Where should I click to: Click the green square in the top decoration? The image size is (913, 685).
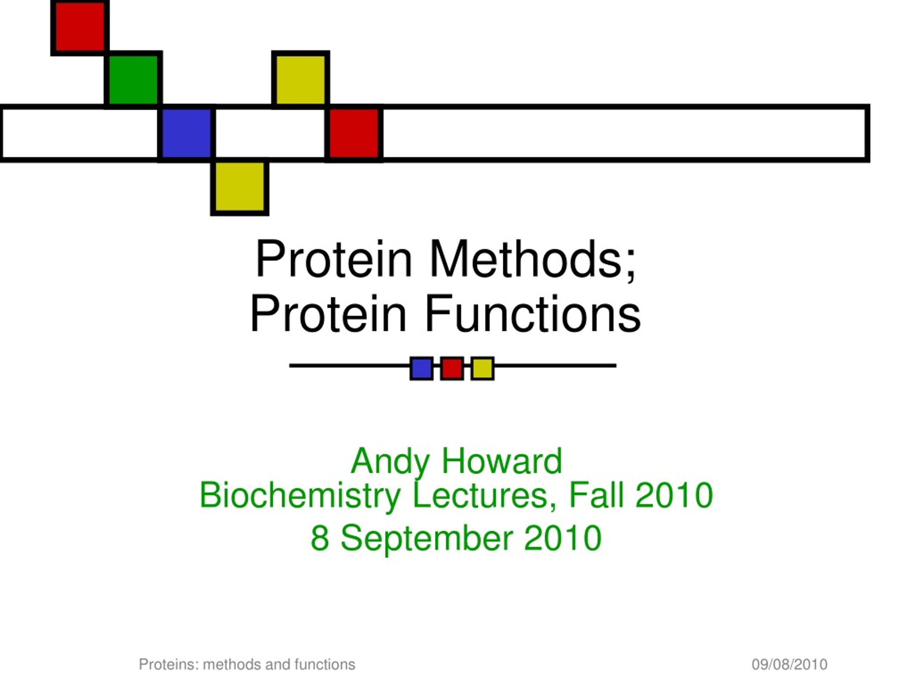coord(133,80)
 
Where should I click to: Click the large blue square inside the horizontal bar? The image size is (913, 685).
coord(187,133)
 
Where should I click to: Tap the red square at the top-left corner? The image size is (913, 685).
coord(80,27)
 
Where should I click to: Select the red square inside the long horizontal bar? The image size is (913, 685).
coord(354,133)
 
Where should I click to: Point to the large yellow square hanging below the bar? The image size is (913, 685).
coord(240,187)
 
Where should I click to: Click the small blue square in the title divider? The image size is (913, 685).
coord(422,368)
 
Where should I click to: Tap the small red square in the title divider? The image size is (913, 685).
coord(452,368)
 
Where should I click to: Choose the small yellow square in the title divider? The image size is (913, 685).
coord(483,368)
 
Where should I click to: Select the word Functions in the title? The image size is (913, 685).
coord(533,314)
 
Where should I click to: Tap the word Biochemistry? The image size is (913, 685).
coord(300,496)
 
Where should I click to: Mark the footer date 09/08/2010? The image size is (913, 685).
coord(789,664)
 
